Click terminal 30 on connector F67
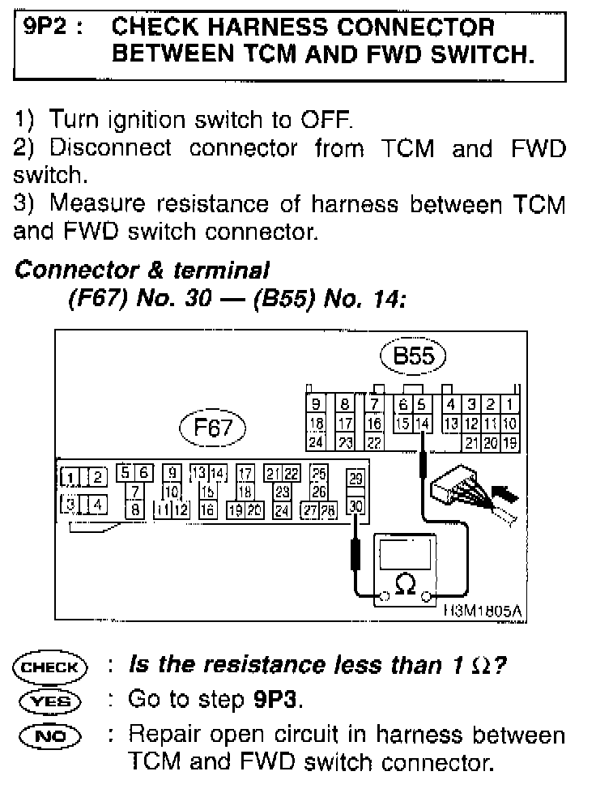[x=355, y=508]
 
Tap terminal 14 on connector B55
[x=421, y=423]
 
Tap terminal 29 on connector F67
[x=355, y=479]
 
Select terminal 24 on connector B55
[x=317, y=442]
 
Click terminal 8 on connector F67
[x=136, y=509]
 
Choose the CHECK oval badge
[x=49, y=667]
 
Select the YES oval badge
[x=49, y=700]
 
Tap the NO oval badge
[x=49, y=735]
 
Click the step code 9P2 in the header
[x=45, y=27]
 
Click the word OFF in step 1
[x=326, y=121]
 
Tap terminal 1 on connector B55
[x=510, y=404]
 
